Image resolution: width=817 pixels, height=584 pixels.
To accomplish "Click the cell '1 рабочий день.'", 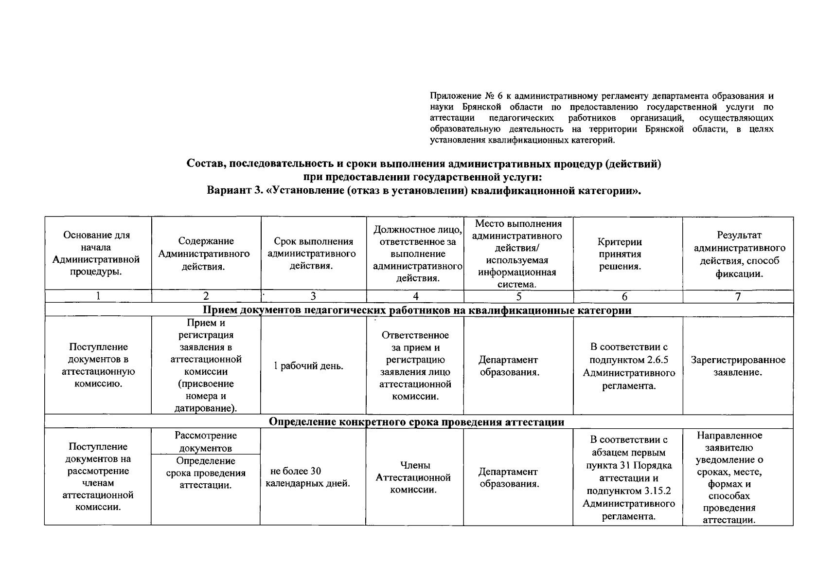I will pos(308,366).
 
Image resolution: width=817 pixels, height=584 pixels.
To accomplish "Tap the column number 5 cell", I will pos(518,296).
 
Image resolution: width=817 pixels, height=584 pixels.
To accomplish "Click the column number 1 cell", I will pos(98,296).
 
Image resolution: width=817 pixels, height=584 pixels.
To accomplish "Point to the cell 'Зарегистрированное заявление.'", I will pos(738,366).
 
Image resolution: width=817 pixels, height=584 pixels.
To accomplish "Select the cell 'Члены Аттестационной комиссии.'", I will pos(413,477).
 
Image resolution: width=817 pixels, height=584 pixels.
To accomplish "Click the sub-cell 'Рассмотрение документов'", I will pos(205,442).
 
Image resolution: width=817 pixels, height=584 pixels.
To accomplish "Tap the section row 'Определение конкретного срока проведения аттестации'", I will pos(416,422).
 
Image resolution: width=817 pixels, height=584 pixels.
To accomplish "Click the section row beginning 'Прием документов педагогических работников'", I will pos(416,310).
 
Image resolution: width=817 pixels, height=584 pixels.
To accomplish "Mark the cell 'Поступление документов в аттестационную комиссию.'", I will pos(98,365).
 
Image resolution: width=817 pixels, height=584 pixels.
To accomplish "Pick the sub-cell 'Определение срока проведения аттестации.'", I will pos(205,473).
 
